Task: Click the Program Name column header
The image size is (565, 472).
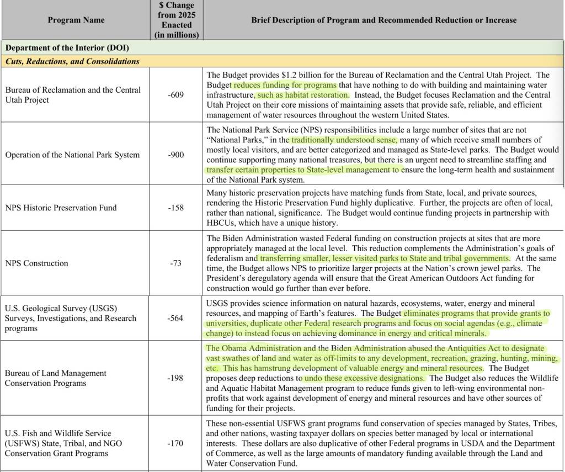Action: pyautogui.click(x=76, y=20)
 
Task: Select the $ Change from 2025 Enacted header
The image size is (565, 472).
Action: pyautogui.click(x=177, y=20)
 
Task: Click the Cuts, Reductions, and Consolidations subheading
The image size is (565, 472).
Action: pyautogui.click(x=72, y=61)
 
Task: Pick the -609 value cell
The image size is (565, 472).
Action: pyautogui.click(x=177, y=95)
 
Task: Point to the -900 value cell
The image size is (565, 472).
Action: pyautogui.click(x=177, y=155)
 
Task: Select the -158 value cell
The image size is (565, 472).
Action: pyautogui.click(x=177, y=208)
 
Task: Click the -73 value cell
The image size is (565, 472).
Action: pyautogui.click(x=177, y=263)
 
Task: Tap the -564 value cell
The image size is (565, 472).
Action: pyautogui.click(x=177, y=318)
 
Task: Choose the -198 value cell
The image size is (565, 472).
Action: pyautogui.click(x=177, y=378)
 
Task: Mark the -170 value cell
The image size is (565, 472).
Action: pyautogui.click(x=177, y=443)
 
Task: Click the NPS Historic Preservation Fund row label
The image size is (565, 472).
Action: pyautogui.click(x=61, y=208)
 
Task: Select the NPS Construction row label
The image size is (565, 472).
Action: pyautogui.click(x=37, y=263)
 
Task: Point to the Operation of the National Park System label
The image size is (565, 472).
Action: pyautogui.click(x=72, y=155)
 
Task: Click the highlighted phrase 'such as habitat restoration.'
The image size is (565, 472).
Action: pyautogui.click(x=302, y=95)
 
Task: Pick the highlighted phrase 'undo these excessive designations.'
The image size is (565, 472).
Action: pyautogui.click(x=364, y=378)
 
